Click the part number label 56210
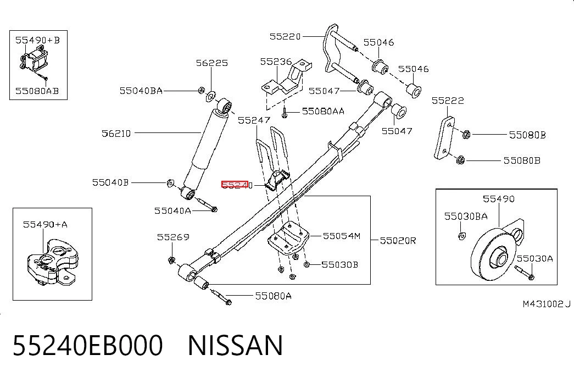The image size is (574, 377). (x=116, y=134)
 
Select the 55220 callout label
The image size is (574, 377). (x=285, y=37)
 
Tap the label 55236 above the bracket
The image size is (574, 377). (x=276, y=62)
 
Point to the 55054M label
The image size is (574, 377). (x=342, y=236)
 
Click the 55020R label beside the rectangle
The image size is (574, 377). (x=398, y=241)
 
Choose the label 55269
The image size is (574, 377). (x=173, y=237)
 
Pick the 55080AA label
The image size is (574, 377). (x=323, y=112)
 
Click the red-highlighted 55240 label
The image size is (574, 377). (x=237, y=185)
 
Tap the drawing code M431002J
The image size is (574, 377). (x=547, y=304)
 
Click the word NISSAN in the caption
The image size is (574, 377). (x=236, y=345)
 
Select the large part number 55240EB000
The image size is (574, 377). (x=88, y=345)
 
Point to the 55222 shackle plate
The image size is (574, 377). (x=444, y=138)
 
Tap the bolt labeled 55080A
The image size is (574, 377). (x=221, y=296)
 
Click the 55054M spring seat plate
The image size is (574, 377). (x=288, y=239)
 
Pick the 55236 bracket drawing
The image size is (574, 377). (x=287, y=79)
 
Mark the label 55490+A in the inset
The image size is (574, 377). (x=46, y=224)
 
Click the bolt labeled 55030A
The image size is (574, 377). (x=525, y=272)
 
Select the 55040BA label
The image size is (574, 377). (x=141, y=91)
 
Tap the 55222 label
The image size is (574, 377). (x=448, y=101)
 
